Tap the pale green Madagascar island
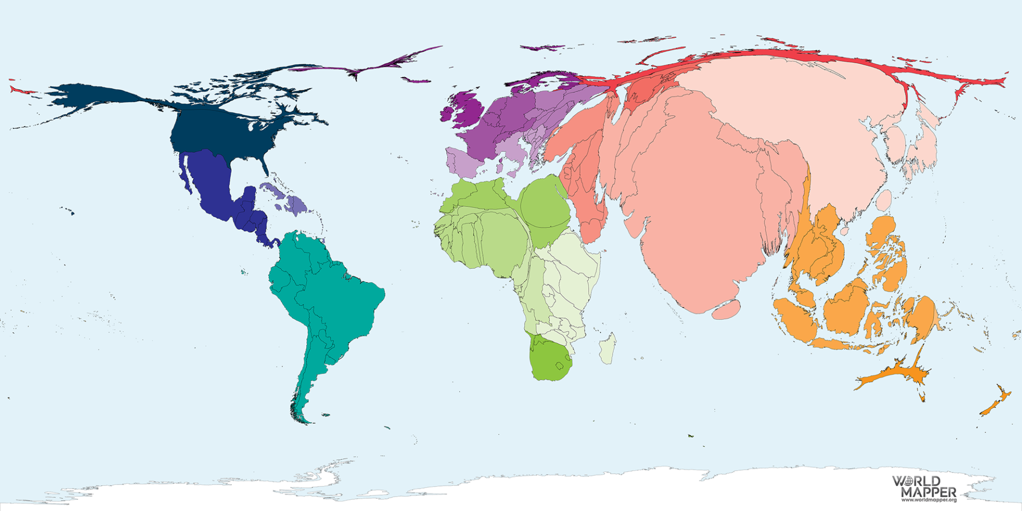click(x=608, y=349)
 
